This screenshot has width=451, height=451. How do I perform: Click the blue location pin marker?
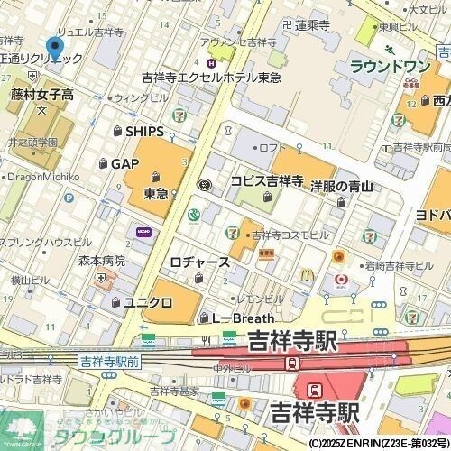point(55,48)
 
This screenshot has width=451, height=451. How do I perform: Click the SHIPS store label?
point(144,132)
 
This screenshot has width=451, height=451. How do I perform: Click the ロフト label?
point(272,147)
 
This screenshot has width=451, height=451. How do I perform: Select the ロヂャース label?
point(199,262)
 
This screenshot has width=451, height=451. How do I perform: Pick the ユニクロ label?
point(147,302)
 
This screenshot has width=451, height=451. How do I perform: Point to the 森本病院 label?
point(100,260)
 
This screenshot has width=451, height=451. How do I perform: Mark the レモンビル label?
point(261,298)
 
